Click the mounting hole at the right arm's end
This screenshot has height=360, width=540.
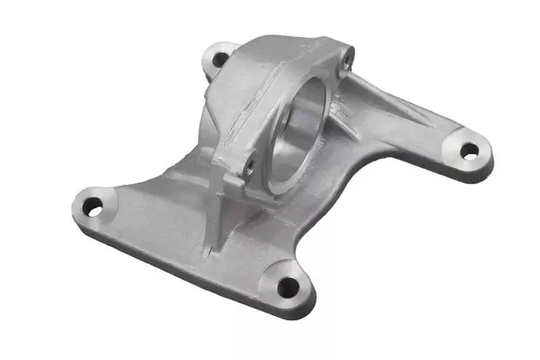(x=468, y=152)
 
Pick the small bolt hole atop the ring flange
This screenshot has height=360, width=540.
(x=345, y=58)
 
